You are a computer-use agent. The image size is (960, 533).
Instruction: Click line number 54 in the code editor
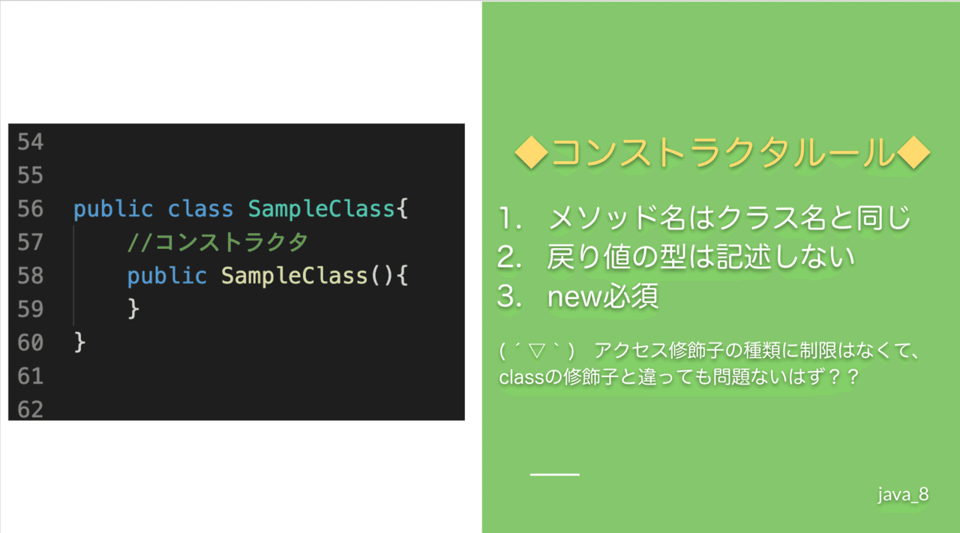click(31, 142)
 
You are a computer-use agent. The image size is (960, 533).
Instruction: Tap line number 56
click(31, 208)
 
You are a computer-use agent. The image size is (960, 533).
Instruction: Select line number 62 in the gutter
click(31, 409)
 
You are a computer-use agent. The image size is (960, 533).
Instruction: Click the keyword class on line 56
click(200, 208)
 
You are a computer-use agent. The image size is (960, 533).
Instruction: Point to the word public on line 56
click(113, 209)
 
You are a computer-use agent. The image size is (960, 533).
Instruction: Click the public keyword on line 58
click(167, 276)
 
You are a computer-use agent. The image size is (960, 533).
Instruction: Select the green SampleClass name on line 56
click(322, 209)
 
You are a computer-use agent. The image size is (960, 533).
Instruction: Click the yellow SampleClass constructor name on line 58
click(295, 276)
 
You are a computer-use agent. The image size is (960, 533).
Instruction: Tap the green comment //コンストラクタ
click(217, 242)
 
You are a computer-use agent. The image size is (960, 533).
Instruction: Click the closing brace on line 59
click(133, 309)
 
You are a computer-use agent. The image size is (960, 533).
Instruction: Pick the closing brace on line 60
click(80, 343)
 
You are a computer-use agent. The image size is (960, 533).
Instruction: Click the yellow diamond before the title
click(532, 152)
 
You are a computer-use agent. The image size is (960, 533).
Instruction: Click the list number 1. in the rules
click(510, 218)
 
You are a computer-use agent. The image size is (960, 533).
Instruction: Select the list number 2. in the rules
click(509, 257)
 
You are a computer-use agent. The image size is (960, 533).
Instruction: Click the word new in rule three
click(574, 297)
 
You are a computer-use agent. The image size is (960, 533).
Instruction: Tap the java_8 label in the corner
click(903, 495)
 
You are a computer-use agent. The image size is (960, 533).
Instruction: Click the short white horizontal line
click(554, 475)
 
